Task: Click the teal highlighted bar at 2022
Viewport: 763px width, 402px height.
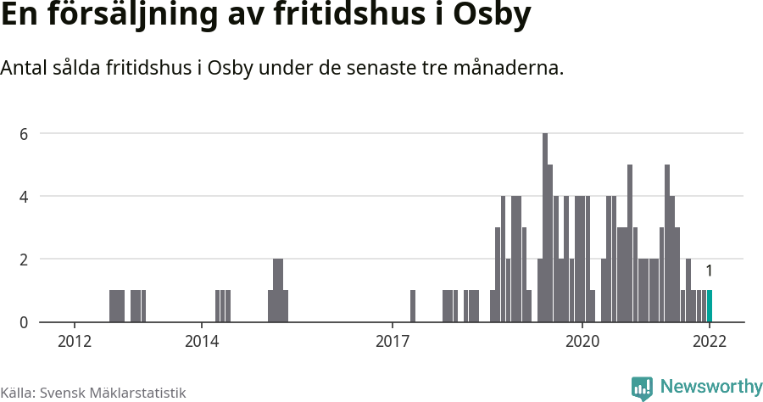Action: tap(710, 306)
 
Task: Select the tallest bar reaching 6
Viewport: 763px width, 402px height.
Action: tap(545, 228)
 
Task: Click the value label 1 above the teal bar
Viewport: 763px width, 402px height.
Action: tap(709, 271)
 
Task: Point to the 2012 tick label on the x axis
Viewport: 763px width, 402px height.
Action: tap(75, 341)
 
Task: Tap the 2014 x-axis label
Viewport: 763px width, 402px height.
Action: tap(201, 341)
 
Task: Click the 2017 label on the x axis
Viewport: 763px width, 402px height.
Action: tap(392, 341)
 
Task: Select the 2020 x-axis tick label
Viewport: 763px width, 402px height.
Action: tap(582, 341)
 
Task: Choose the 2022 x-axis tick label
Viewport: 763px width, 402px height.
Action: tap(710, 341)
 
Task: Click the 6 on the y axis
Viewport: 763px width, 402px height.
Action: tap(25, 133)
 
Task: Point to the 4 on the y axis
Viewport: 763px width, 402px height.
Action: tap(25, 196)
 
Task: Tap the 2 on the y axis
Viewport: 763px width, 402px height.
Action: tap(25, 259)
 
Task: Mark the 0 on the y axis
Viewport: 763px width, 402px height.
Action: tap(25, 322)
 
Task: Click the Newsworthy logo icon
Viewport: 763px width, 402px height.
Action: tap(642, 388)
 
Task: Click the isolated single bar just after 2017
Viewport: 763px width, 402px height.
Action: tap(413, 306)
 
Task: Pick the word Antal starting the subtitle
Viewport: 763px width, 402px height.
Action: tap(24, 68)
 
